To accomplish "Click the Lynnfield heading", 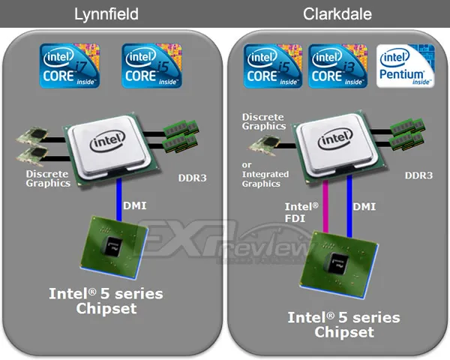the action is pos(106,14).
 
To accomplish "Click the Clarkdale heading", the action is pos(337,13).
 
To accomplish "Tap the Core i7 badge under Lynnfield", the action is pos(70,65).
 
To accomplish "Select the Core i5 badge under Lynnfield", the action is pos(151,65).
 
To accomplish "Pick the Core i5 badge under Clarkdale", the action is pos(273,66).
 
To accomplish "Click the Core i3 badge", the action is pos(337,66).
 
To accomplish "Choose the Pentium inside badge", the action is pos(406,66).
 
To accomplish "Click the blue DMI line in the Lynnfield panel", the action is pos(118,199).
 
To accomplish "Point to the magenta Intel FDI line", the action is pos(325,206).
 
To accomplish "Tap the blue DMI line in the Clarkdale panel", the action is pos(349,206).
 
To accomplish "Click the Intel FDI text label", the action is pos(301,212).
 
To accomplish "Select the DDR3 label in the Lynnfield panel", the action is pos(192,178).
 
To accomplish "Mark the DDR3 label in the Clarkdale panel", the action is pos(418,175).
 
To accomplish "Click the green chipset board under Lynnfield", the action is pos(114,247).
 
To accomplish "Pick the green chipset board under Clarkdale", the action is pos(339,265).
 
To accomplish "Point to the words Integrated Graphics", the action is pos(265,178).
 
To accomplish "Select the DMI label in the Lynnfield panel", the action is pos(134,205).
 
